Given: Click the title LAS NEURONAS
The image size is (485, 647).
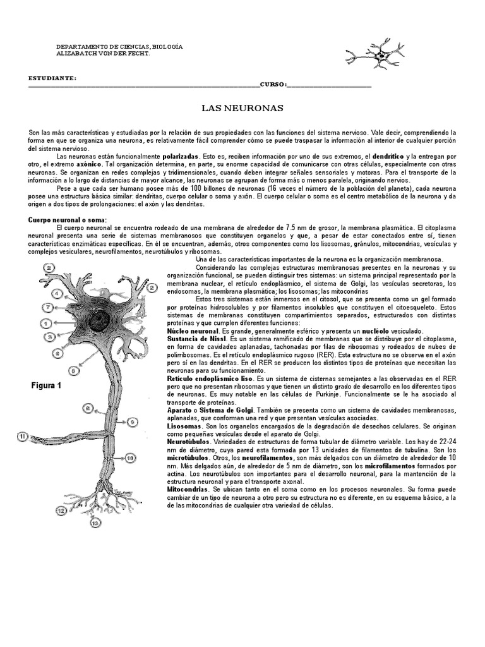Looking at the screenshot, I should point(242,108).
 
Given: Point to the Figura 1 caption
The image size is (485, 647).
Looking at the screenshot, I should point(45,385).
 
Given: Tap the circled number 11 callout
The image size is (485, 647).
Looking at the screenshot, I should point(23,435).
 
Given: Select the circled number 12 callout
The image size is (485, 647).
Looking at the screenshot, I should point(62,509).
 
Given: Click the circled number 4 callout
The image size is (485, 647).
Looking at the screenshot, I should point(57,293).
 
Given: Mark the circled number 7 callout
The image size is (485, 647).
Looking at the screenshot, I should point(47,308).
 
